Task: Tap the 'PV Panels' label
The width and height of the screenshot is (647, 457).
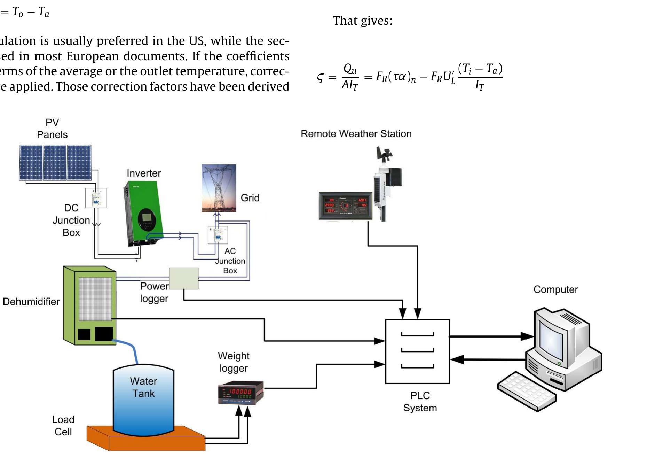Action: pyautogui.click(x=52, y=129)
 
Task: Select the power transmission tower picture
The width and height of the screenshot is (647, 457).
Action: pyautogui.click(x=219, y=188)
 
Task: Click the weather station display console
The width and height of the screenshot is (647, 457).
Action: pyautogui.click(x=345, y=206)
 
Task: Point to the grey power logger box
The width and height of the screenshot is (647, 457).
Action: pyautogui.click(x=184, y=278)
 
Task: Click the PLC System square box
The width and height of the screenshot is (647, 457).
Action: pyautogui.click(x=417, y=351)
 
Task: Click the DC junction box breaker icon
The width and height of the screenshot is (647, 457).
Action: pyautogui.click(x=96, y=198)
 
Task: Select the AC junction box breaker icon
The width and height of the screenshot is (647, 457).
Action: pyautogui.click(x=218, y=235)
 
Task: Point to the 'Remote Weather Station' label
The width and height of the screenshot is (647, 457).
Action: pyautogui.click(x=356, y=134)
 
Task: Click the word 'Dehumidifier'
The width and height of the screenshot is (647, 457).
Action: pyautogui.click(x=31, y=302)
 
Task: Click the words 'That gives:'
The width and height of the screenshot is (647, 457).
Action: pyautogui.click(x=363, y=21)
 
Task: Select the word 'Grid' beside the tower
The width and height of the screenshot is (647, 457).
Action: pyautogui.click(x=250, y=198)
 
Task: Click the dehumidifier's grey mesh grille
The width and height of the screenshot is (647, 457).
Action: pyautogui.click(x=95, y=299)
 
